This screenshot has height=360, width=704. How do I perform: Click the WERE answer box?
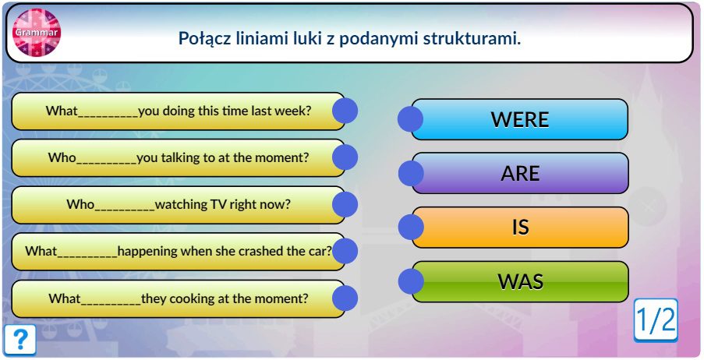pyautogui.click(x=519, y=119)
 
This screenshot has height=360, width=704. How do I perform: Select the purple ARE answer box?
pyautogui.click(x=520, y=173)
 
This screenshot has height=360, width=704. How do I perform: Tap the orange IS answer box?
pyautogui.click(x=520, y=227)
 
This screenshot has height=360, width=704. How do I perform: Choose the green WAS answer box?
pyautogui.click(x=520, y=281)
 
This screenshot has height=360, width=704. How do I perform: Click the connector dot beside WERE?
pyautogui.click(x=410, y=119)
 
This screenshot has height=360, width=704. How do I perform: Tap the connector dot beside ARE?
pyautogui.click(x=411, y=173)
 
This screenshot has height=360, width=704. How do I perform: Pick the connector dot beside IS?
pyautogui.click(x=411, y=227)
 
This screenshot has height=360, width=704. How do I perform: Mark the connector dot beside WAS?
pyautogui.click(x=411, y=281)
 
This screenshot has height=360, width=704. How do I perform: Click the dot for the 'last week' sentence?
pyautogui.click(x=345, y=111)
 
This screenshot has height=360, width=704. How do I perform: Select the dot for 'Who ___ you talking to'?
pyautogui.click(x=345, y=157)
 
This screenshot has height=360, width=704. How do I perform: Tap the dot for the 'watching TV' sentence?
pyautogui.click(x=345, y=205)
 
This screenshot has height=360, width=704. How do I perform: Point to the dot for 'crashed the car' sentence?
pyautogui.click(x=345, y=252)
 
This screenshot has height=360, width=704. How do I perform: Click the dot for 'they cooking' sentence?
pyautogui.click(x=345, y=298)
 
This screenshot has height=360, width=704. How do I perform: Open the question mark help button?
pyautogui.click(x=19, y=340)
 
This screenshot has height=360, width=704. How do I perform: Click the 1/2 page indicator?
pyautogui.click(x=656, y=320)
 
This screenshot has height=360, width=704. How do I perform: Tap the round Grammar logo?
pyautogui.click(x=37, y=32)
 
